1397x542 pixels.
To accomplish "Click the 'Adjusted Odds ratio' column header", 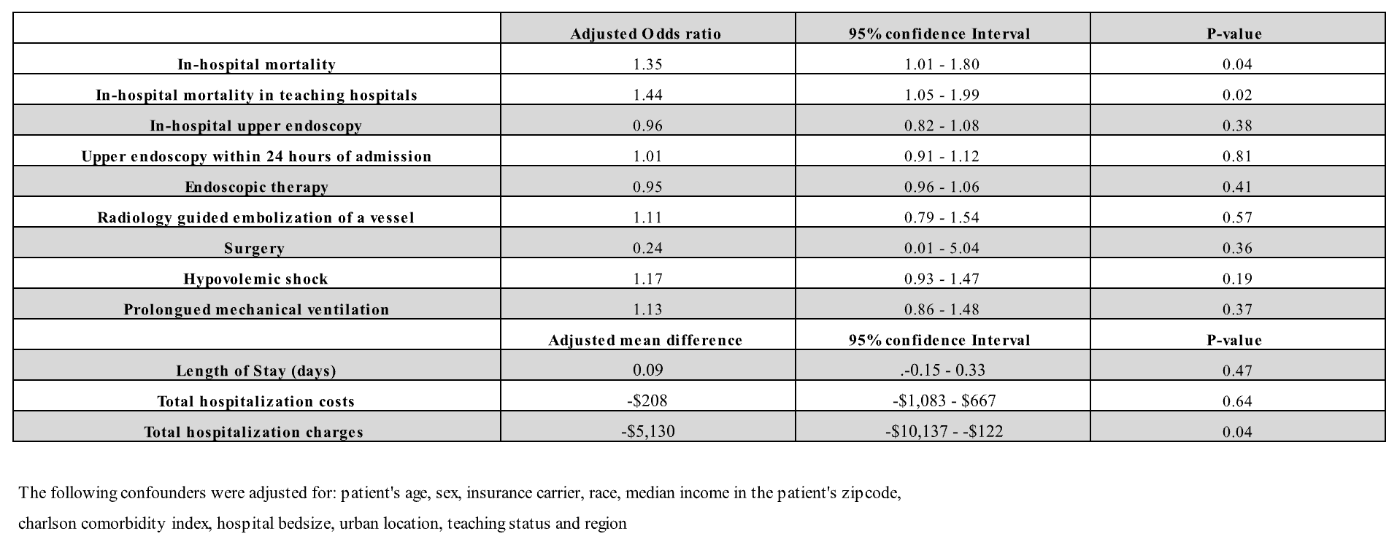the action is pyautogui.click(x=646, y=34).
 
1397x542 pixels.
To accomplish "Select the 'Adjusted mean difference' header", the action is pyautogui.click(x=646, y=340).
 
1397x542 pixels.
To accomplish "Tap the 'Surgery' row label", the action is pyautogui.click(x=255, y=249).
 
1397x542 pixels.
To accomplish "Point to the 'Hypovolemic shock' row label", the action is pyautogui.click(x=256, y=279).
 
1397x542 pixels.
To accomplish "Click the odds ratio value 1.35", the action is pyautogui.click(x=648, y=64).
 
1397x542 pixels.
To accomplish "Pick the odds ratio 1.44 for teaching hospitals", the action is pyautogui.click(x=648, y=95).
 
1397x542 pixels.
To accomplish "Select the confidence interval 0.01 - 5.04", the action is pyautogui.click(x=942, y=248).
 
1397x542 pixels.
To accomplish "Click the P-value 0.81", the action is pyautogui.click(x=1237, y=156).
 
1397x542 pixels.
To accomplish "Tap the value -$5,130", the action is pyautogui.click(x=648, y=431).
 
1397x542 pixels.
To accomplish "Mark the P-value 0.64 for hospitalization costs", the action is pyautogui.click(x=1237, y=401).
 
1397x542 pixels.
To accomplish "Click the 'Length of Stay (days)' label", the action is pyautogui.click(x=256, y=371).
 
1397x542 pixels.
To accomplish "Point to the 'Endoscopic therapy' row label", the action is pyautogui.click(x=256, y=187).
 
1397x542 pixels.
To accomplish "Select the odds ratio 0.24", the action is pyautogui.click(x=648, y=248).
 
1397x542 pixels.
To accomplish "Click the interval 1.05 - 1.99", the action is pyautogui.click(x=942, y=95).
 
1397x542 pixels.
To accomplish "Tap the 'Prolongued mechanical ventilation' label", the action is pyautogui.click(x=256, y=309).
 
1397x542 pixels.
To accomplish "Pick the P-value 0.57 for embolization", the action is pyautogui.click(x=1237, y=217).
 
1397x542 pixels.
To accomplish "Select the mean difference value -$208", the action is pyautogui.click(x=648, y=400).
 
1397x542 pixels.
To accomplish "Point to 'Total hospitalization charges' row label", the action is pyautogui.click(x=254, y=432).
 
